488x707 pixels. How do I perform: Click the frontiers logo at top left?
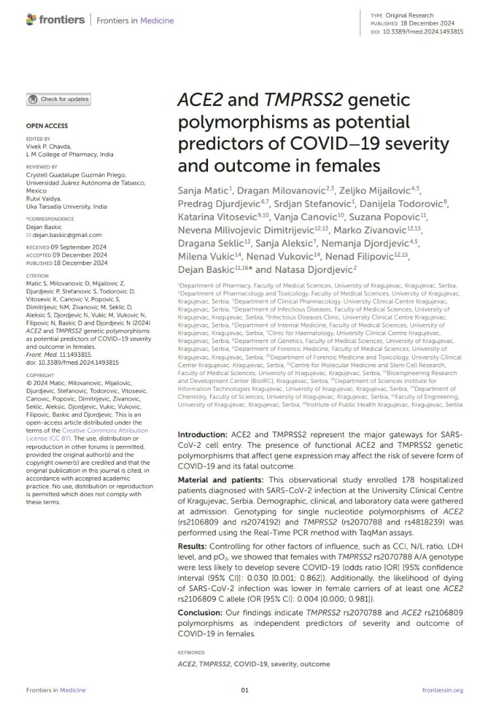pyautogui.click(x=55, y=20)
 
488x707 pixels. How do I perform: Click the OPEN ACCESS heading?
pyautogui.click(x=46, y=126)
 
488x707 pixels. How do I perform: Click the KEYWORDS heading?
pyautogui.click(x=191, y=653)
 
